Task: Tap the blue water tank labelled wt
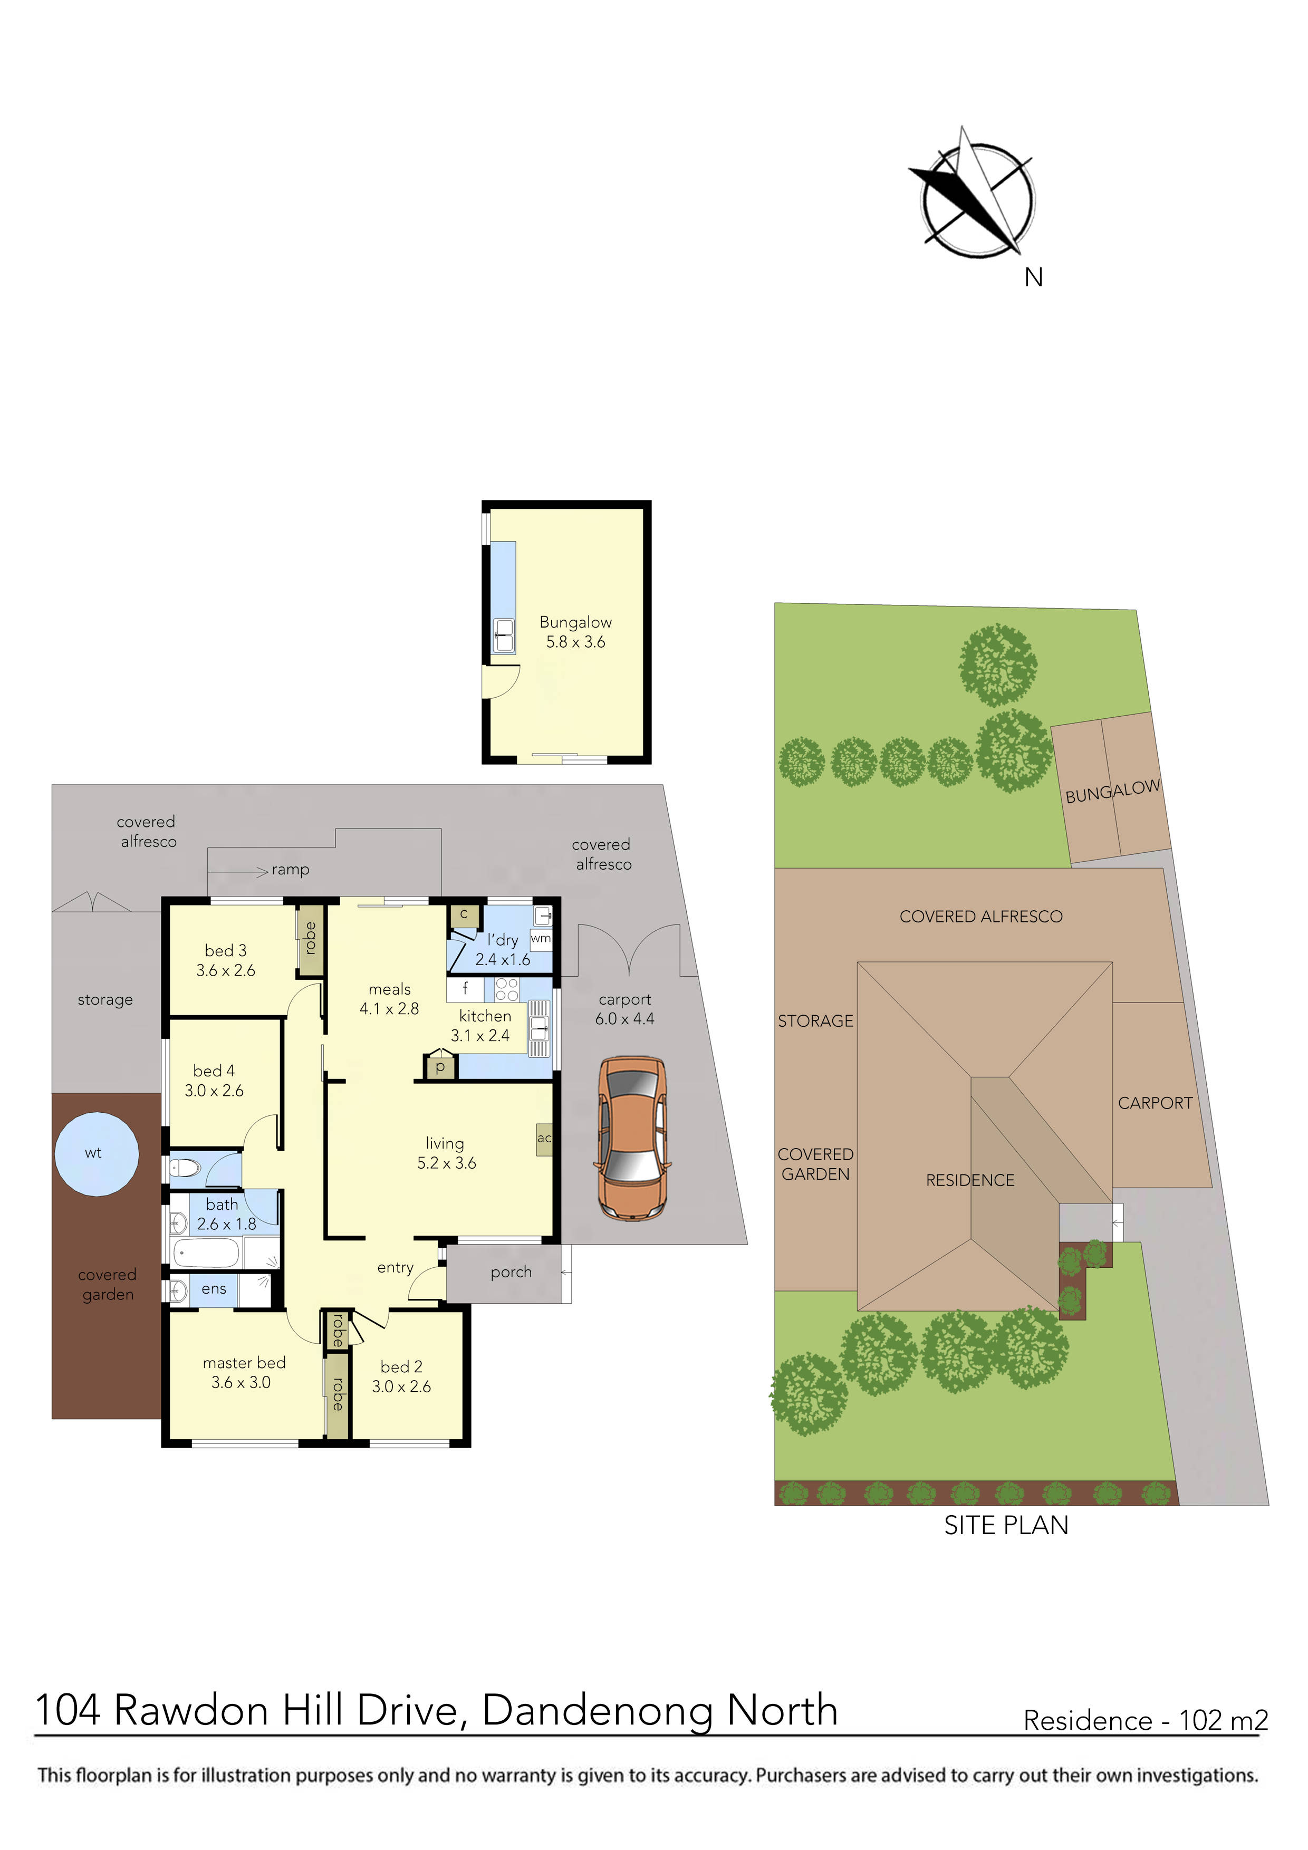pyautogui.click(x=96, y=1154)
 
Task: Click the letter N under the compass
pyautogui.click(x=1033, y=278)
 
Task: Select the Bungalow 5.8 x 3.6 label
pyautogui.click(x=575, y=632)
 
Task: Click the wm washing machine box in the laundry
pyautogui.click(x=541, y=939)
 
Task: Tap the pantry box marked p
pyautogui.click(x=440, y=1067)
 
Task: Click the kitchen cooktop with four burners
pyautogui.click(x=507, y=989)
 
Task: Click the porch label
pyautogui.click(x=511, y=1273)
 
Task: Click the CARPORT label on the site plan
pyautogui.click(x=1155, y=1103)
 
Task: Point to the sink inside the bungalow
pyautogui.click(x=504, y=635)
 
